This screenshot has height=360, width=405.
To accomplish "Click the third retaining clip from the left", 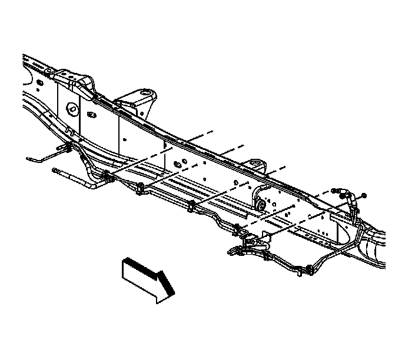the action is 192,205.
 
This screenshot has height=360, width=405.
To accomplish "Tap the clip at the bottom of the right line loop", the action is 306,270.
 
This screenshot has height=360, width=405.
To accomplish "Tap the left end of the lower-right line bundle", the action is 230,252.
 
